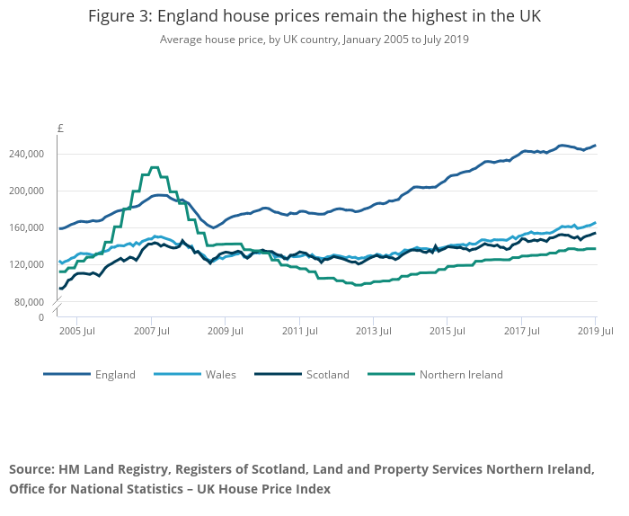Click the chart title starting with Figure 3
pyautogui.click(x=314, y=17)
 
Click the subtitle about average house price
pyautogui.click(x=314, y=40)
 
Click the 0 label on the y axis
pyautogui.click(x=40, y=317)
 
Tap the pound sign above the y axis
pyautogui.click(x=60, y=129)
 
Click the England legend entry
pyautogui.click(x=115, y=375)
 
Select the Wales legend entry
pyautogui.click(x=220, y=375)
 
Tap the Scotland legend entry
pyautogui.click(x=327, y=375)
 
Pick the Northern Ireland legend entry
pyautogui.click(x=460, y=375)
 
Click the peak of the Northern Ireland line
pyautogui.click(x=154, y=168)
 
